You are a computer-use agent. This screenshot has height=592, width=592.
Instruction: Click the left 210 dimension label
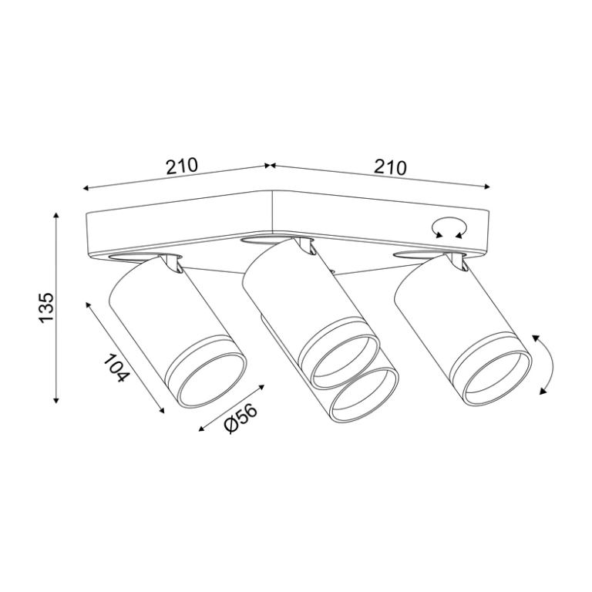coord(182,166)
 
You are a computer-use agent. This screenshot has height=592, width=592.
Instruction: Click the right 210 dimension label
coord(390,167)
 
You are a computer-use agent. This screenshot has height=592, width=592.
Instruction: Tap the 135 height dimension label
coord(47,307)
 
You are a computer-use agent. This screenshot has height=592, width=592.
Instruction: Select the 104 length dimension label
coord(116,368)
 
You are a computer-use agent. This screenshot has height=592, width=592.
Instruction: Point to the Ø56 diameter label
coord(240,419)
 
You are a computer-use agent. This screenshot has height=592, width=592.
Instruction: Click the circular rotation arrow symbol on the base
coord(449,227)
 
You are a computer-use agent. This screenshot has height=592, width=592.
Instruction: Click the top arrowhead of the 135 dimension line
coord(56,216)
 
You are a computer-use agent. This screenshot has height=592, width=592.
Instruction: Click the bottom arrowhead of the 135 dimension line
coord(56,400)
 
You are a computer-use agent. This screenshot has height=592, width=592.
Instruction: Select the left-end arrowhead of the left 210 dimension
coord(86,188)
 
